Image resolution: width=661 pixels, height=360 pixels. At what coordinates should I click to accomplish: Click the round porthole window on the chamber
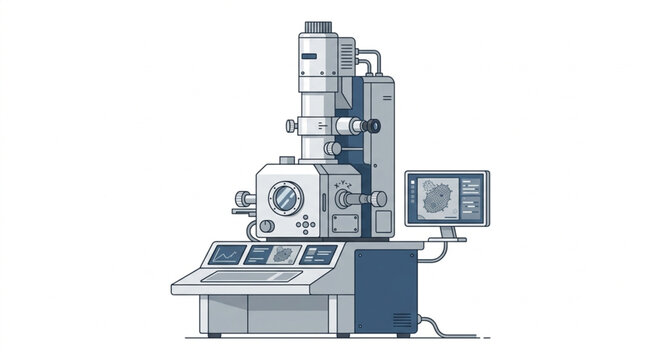click(286, 195)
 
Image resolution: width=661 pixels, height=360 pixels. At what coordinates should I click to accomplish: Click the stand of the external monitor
click(447, 233)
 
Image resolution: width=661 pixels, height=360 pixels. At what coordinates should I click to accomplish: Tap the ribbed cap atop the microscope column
click(319, 25)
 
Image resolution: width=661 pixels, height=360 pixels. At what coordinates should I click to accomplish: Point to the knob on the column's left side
click(291, 125)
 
